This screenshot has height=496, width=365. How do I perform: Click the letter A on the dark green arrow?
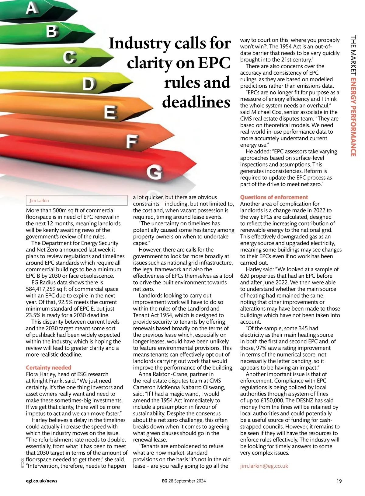pos(32,8)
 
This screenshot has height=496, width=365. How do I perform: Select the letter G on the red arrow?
pos(155,173)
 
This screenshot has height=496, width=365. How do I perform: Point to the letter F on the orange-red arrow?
pos(132,142)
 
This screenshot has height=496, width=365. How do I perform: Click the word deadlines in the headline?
pos(196,102)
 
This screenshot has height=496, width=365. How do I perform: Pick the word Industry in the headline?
pos(140,43)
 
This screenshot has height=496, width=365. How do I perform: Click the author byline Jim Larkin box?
pos(77,200)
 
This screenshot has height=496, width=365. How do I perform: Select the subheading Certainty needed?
pos(49,368)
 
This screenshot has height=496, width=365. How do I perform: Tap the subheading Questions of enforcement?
pos(274,197)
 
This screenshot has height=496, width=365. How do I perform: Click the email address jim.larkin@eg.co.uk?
pos(264,466)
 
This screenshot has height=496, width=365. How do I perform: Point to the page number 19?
pos(339,481)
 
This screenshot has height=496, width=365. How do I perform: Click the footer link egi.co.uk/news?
pos(42,481)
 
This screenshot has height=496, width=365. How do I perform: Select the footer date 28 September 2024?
pos(187,481)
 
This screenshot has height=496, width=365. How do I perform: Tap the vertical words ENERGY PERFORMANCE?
pos(353,117)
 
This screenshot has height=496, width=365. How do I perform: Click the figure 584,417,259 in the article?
pos(46,289)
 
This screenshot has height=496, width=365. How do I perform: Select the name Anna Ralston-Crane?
pos(176,374)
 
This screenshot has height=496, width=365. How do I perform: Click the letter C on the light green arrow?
pos(70,57)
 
